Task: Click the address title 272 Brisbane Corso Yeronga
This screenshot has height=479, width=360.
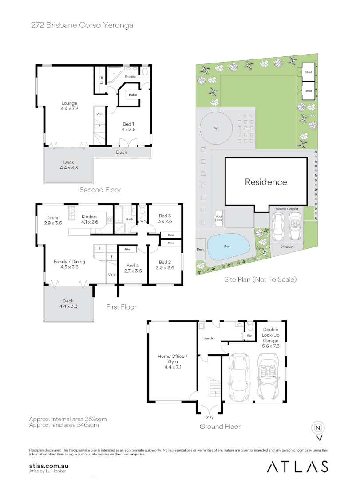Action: point(82,25)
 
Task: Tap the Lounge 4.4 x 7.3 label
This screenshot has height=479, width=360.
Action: point(69,106)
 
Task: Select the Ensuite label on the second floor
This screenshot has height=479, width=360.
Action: point(130,77)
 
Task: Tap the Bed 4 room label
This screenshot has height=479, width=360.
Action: point(133,268)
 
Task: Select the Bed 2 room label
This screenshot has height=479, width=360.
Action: point(165,265)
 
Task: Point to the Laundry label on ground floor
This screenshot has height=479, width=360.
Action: point(209,338)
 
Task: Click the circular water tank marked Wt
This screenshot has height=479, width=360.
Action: point(217,128)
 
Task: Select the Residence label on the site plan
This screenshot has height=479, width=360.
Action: point(266,182)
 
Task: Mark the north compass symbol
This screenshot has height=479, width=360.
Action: point(318,428)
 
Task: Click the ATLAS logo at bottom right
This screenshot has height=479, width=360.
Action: point(297,466)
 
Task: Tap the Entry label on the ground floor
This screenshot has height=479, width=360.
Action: point(209,417)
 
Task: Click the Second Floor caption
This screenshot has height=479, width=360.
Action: point(100,190)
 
